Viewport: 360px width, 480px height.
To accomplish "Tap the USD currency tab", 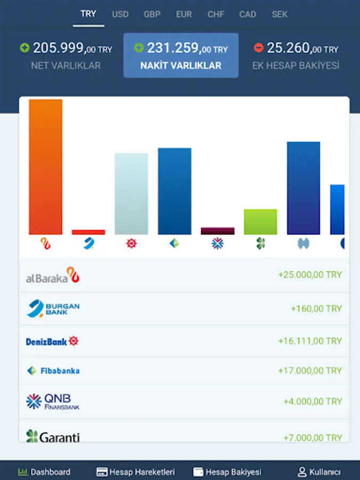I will pos(120,14).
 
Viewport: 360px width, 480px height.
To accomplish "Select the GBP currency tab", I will pos(152,14).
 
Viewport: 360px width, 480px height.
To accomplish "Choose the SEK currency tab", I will pos(279,14).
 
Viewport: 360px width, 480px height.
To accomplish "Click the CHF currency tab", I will pos(216,14).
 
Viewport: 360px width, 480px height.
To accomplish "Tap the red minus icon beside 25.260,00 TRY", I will pos(259,48).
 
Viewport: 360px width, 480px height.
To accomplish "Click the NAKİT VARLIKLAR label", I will pos(181,66).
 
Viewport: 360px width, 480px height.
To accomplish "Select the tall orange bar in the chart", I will pos(45,166).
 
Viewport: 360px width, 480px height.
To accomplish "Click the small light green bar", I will pos(260,222).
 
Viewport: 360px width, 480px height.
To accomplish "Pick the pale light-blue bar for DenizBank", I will pos(131,194).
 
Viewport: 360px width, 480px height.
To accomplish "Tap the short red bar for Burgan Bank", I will pos(89,232).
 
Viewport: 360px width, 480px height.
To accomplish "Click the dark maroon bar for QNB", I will pos(218,231).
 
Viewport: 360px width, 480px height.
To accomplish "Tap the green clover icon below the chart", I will pos(261,244).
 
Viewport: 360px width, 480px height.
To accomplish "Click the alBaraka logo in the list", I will pos(53,275).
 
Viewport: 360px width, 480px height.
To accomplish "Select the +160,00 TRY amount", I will pos(316,309).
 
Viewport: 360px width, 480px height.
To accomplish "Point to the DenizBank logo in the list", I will pos(52,341).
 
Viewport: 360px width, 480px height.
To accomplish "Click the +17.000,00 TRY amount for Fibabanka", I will pos(310,371).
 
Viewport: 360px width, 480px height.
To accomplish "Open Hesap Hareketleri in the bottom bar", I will pos(135,472).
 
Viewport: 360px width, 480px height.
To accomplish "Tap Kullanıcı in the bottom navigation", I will pos(319,472).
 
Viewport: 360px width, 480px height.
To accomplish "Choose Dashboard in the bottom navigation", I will pos(44,472).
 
